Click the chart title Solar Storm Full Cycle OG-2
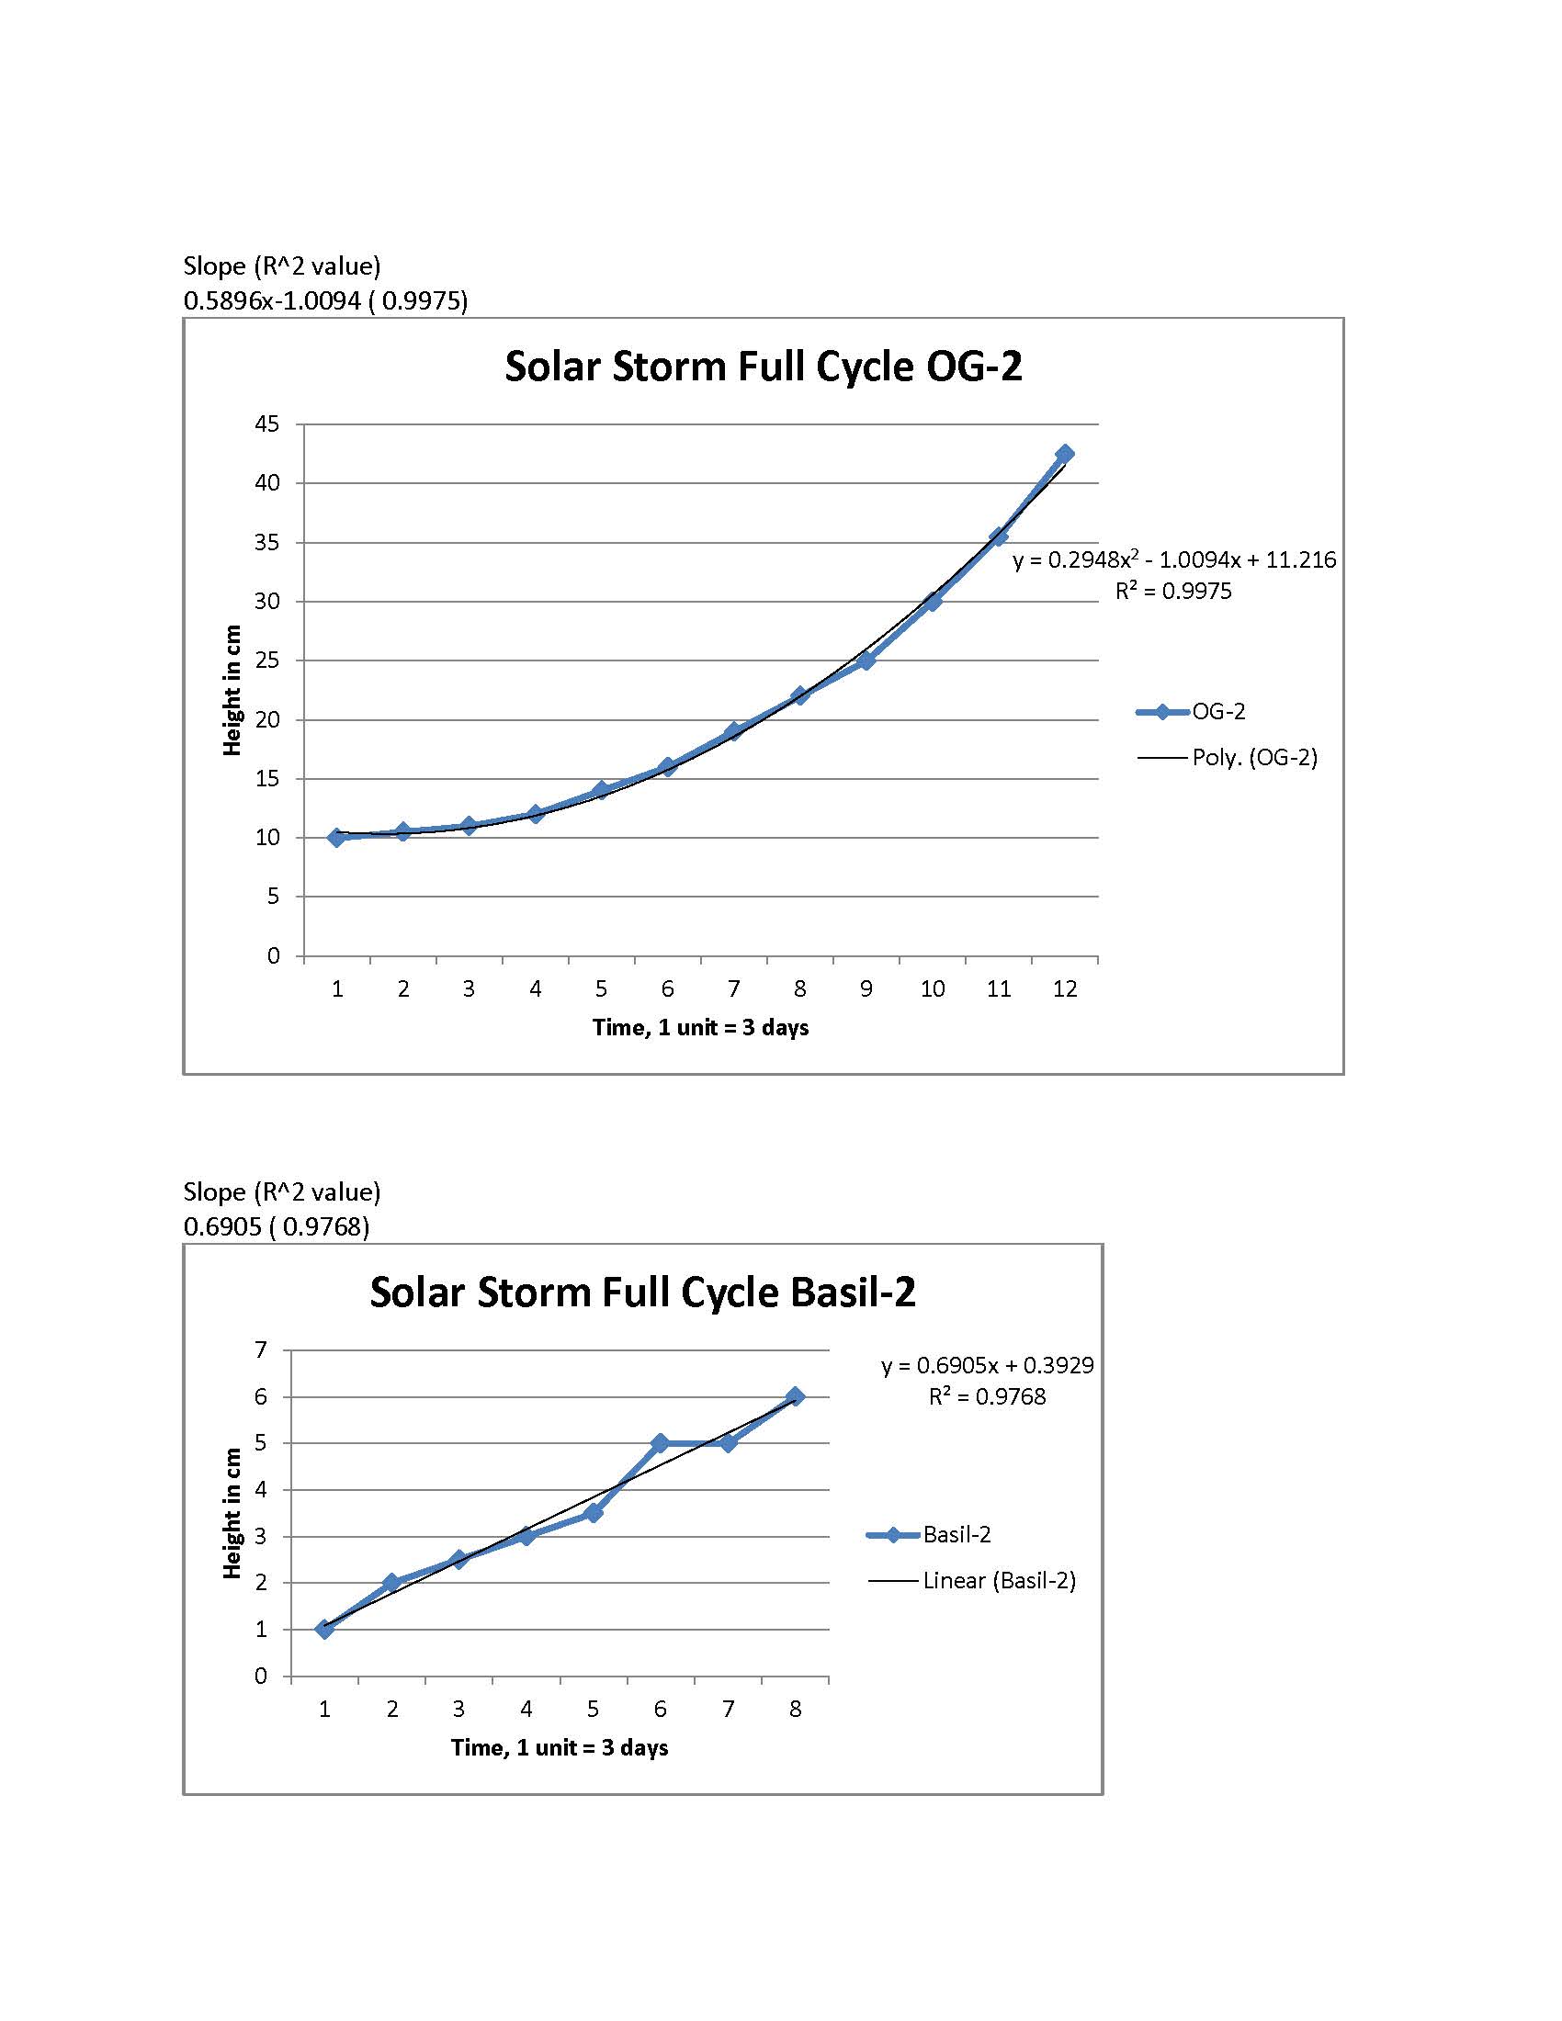click(763, 367)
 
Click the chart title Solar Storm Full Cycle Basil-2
click(642, 1292)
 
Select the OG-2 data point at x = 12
click(1064, 454)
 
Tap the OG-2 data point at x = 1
click(337, 837)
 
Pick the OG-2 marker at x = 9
click(866, 660)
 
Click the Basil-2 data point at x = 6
click(660, 1442)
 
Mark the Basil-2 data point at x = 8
click(795, 1396)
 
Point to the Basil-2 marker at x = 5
click(594, 1513)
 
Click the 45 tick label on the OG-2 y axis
click(266, 424)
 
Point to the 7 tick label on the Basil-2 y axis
click(261, 1350)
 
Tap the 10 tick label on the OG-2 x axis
click(932, 989)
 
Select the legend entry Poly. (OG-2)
click(1254, 757)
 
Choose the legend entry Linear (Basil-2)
click(1000, 1581)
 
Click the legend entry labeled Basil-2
click(956, 1535)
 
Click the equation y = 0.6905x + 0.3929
click(988, 1365)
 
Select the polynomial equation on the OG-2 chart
click(1174, 559)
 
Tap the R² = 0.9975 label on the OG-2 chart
click(1173, 592)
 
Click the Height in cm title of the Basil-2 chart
click(232, 1513)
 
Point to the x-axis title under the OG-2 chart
click(700, 1027)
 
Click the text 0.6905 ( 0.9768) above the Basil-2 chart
click(276, 1226)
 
